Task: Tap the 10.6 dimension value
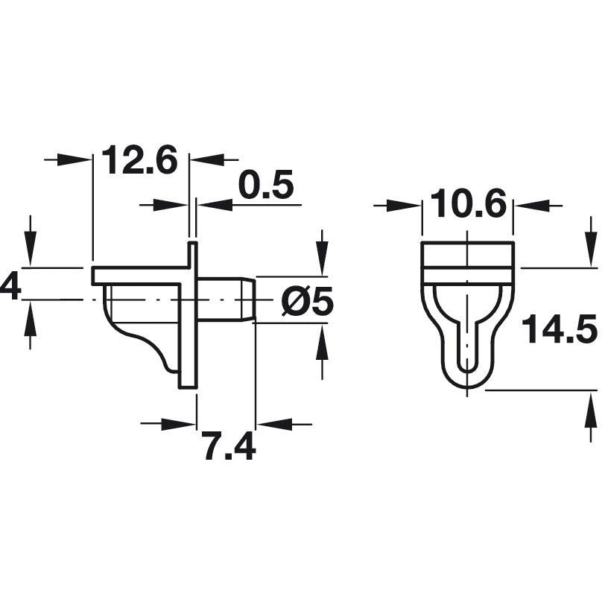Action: click(468, 205)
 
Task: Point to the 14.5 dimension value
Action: click(560, 330)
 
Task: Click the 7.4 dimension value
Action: click(229, 447)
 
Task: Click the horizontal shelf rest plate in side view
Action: click(138, 275)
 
